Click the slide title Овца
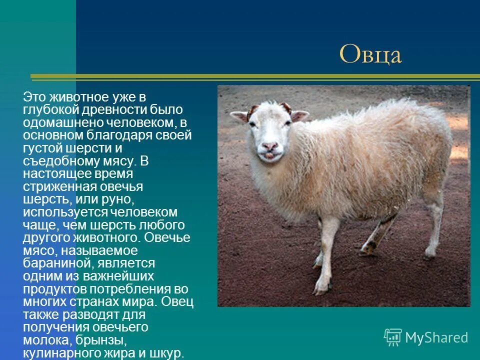coord(370,54)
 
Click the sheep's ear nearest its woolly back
coord(299,115)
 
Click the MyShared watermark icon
coord(392,337)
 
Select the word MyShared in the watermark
coord(436,338)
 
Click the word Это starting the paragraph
coord(34,96)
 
